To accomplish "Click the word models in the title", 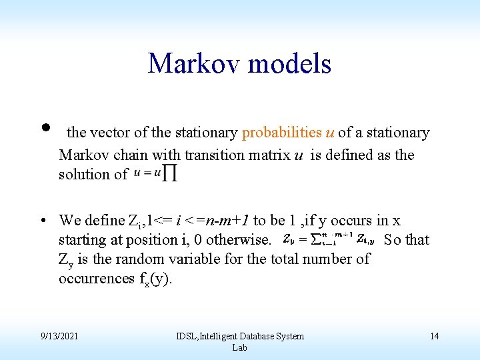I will [289, 64].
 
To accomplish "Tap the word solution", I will [85, 175].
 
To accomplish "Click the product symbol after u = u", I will [171, 174].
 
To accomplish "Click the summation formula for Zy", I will [328, 239].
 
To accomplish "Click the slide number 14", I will [434, 336].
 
